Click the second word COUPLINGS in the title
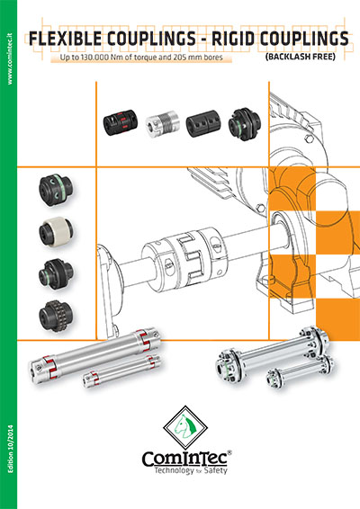[x=303, y=40]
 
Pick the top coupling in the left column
[x=51, y=191]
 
